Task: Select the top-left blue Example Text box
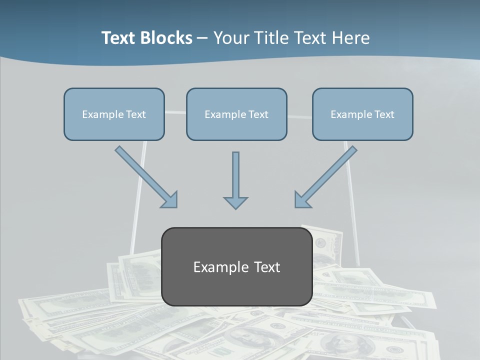[114, 114]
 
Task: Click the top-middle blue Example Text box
[236, 114]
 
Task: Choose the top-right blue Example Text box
[362, 114]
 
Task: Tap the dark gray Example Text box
[236, 266]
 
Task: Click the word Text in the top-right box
[384, 114]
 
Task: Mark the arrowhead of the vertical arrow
[235, 202]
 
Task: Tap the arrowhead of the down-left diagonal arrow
[302, 199]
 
